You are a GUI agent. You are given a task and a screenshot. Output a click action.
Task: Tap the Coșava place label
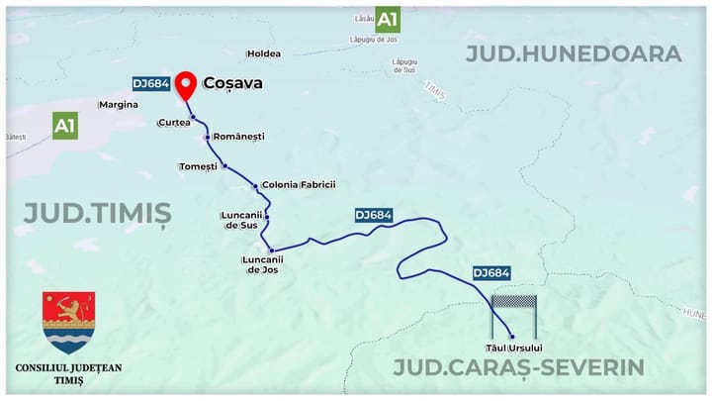(x=232, y=83)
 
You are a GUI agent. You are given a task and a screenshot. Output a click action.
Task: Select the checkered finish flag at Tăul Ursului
(x=513, y=303)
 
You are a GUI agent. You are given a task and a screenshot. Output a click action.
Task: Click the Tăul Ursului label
(x=513, y=348)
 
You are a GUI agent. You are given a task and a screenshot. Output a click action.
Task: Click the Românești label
(x=239, y=137)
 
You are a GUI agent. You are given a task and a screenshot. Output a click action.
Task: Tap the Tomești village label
(x=198, y=166)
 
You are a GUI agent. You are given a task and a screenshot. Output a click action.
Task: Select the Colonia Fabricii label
(x=299, y=184)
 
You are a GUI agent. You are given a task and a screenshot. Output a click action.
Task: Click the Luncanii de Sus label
(x=242, y=220)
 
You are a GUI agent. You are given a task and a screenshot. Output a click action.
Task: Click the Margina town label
(x=119, y=104)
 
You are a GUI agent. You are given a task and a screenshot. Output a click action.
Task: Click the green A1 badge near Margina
(x=65, y=126)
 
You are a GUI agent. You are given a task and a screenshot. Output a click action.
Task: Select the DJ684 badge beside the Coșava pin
(x=151, y=84)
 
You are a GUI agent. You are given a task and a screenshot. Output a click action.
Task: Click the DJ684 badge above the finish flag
(x=491, y=272)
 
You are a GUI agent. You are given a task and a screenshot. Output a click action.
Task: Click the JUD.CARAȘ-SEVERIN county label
(x=518, y=368)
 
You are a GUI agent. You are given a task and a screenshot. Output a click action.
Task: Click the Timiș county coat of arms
(x=69, y=323)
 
